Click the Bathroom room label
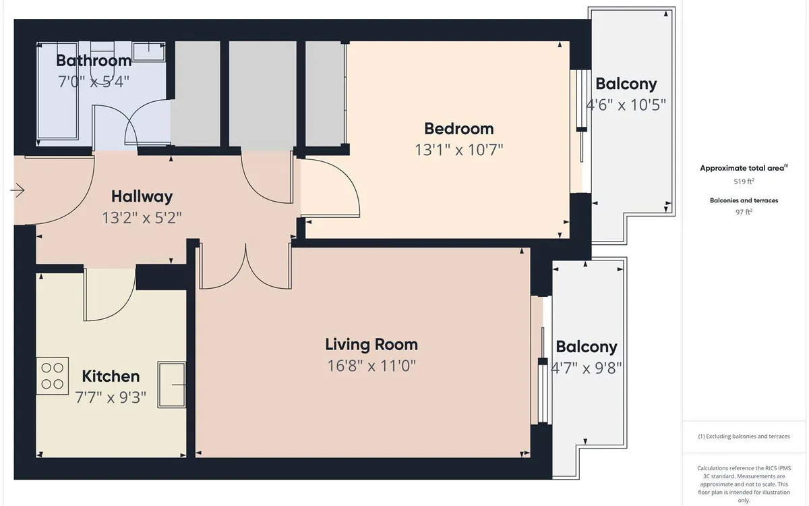pos(94,60)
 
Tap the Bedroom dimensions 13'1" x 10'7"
pos(458,150)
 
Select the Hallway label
pos(142,196)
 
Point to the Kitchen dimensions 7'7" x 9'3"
pos(111,397)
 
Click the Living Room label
pos(371,345)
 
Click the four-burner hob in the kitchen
pos(53,376)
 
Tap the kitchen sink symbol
pos(172,385)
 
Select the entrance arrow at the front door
pos(18,190)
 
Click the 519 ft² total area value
pos(744,181)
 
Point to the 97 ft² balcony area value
pos(744,212)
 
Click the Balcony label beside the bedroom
pos(626,84)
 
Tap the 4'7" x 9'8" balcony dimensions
pos(587,368)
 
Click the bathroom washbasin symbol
pos(149,52)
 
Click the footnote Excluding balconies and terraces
pos(744,437)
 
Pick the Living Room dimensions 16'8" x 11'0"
pos(371,366)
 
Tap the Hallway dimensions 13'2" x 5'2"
pos(142,218)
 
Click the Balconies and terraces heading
pos(744,200)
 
